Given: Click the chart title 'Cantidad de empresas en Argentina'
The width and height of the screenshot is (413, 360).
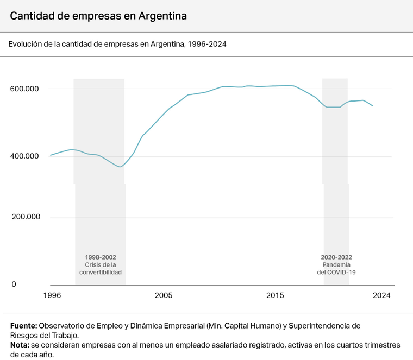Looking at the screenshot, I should pos(98,16).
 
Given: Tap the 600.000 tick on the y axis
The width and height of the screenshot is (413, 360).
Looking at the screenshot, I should pos(25,89).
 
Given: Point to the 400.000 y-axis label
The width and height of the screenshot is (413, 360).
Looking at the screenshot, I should pos(25,156).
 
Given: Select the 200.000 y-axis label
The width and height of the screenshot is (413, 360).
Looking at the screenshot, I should pos(25,217).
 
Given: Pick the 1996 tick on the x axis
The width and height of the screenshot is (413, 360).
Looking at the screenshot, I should pos(52,295).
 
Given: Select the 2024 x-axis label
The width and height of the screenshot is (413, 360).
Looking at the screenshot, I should pos(381,295).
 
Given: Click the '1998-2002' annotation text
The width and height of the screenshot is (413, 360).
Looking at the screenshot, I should pos(101,257).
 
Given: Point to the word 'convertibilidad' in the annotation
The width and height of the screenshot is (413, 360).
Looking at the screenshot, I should pos(101,272).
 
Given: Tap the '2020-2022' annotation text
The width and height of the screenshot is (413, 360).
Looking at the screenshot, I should pos(336,257).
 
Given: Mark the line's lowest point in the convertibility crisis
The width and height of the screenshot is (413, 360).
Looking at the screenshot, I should pos(120,167).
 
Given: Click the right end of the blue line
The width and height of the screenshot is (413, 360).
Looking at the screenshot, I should pos(373,106).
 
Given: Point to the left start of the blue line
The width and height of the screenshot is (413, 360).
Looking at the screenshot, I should pos(51,155).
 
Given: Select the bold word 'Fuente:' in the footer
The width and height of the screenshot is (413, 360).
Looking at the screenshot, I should pos(23,326).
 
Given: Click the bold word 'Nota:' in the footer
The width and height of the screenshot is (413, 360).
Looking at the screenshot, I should pos(20,345).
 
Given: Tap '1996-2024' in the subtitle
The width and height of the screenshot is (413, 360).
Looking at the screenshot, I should pos(206,44).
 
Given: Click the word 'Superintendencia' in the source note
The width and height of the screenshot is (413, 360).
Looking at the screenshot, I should pos(324,326).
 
